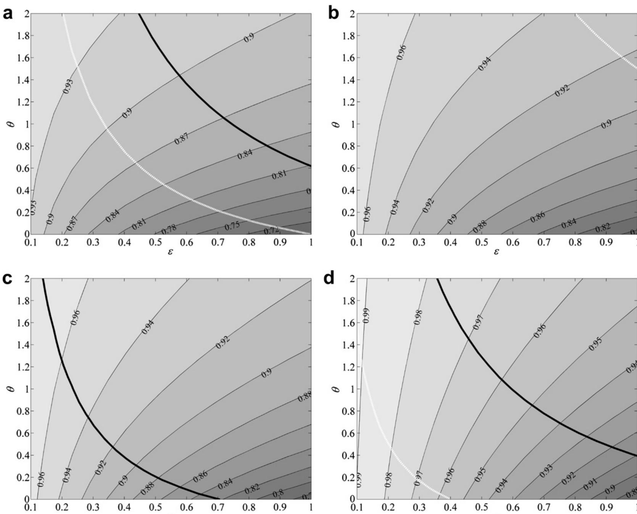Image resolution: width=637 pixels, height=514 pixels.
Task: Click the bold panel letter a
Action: coord(7,14)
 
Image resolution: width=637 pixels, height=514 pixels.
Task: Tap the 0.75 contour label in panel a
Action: coord(232,226)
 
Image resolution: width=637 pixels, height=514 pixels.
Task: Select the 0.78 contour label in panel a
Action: coord(169,230)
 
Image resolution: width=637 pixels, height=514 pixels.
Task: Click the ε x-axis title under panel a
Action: coord(170,252)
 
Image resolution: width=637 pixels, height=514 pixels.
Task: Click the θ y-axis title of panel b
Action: coord(337,124)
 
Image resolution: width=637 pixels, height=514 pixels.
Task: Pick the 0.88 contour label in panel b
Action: coord(480,227)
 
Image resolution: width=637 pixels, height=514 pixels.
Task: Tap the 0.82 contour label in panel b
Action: coord(603,227)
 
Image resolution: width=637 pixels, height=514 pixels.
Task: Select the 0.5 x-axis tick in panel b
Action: coord(482,243)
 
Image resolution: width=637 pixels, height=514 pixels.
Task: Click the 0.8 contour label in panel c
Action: coord(279,493)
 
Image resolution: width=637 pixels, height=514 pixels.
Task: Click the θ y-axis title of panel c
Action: coord(11,389)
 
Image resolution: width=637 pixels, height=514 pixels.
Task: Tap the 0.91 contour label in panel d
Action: coord(590,485)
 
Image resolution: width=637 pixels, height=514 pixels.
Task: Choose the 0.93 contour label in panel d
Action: coord(547,472)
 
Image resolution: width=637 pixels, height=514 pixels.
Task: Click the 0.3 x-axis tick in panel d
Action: coord(419,508)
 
